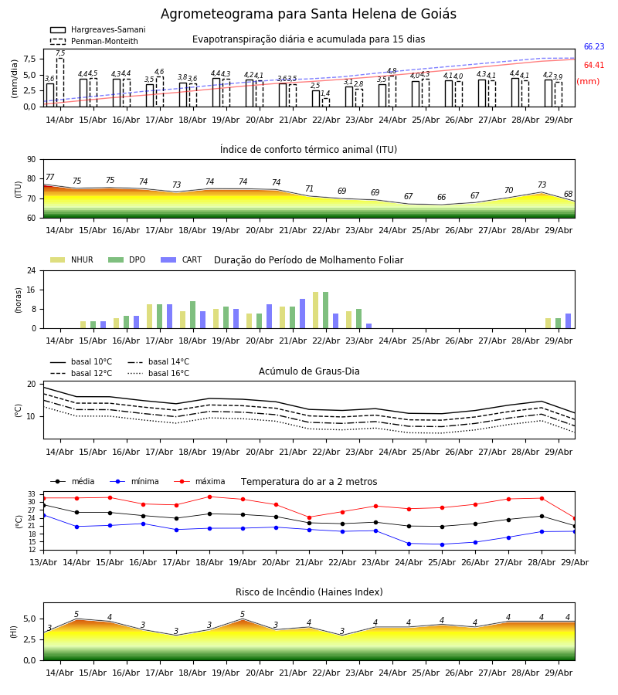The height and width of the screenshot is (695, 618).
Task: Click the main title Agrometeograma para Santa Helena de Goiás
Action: tap(308, 14)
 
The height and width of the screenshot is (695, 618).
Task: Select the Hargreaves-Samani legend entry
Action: tap(98, 29)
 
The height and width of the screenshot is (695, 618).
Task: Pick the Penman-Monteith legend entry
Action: tap(94, 41)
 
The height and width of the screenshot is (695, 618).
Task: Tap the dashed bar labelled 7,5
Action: tap(59, 83)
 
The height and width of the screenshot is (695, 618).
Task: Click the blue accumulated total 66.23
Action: tap(594, 46)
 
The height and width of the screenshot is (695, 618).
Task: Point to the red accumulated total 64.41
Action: tap(594, 65)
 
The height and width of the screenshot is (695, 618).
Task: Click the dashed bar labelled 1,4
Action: tap(326, 103)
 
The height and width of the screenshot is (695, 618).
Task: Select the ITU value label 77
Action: tap(49, 177)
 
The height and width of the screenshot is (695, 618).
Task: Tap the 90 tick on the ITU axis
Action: tap(32, 160)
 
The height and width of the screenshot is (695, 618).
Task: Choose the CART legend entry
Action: tap(182, 259)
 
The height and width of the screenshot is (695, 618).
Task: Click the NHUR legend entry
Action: tap(72, 259)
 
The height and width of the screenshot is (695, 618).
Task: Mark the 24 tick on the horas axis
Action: tap(32, 270)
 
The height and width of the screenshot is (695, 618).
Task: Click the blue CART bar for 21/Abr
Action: tap(302, 314)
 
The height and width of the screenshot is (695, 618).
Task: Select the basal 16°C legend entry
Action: tap(158, 373)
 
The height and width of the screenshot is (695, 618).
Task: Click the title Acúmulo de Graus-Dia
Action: tap(309, 371)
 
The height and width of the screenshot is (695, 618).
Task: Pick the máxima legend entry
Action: tap(199, 481)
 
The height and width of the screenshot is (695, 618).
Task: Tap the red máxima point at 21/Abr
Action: tap(310, 517)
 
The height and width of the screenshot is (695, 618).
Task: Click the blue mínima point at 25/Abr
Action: tap(442, 544)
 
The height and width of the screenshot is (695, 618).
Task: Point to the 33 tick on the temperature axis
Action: tap(32, 493)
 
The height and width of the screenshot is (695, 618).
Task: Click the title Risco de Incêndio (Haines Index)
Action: tap(309, 592)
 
